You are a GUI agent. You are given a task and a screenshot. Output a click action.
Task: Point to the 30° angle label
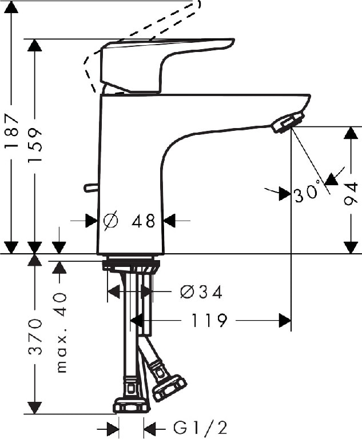coord(307,194)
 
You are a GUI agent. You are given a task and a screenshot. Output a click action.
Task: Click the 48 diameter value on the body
coord(142,221)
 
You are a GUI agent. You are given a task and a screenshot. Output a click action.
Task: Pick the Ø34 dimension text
coord(200,292)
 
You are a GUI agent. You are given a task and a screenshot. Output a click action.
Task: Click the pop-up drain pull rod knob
coord(90,187)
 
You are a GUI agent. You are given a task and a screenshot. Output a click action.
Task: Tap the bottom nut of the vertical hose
coord(131,405)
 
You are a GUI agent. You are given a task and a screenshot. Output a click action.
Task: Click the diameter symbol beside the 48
coord(111,220)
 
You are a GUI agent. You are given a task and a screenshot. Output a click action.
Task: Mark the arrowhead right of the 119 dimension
coord(285,321)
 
